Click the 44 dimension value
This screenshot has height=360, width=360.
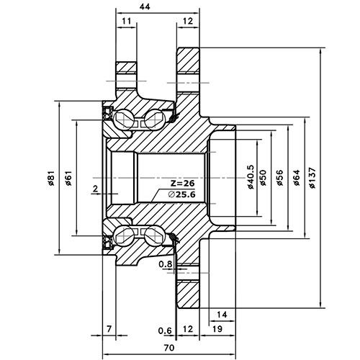(x=145, y=6)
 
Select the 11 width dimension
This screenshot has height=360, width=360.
(x=127, y=22)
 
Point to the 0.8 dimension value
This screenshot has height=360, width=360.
(x=164, y=265)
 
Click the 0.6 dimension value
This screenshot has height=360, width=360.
(x=164, y=330)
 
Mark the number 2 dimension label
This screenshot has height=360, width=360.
(x=95, y=189)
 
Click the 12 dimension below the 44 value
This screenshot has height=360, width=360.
(x=188, y=22)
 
